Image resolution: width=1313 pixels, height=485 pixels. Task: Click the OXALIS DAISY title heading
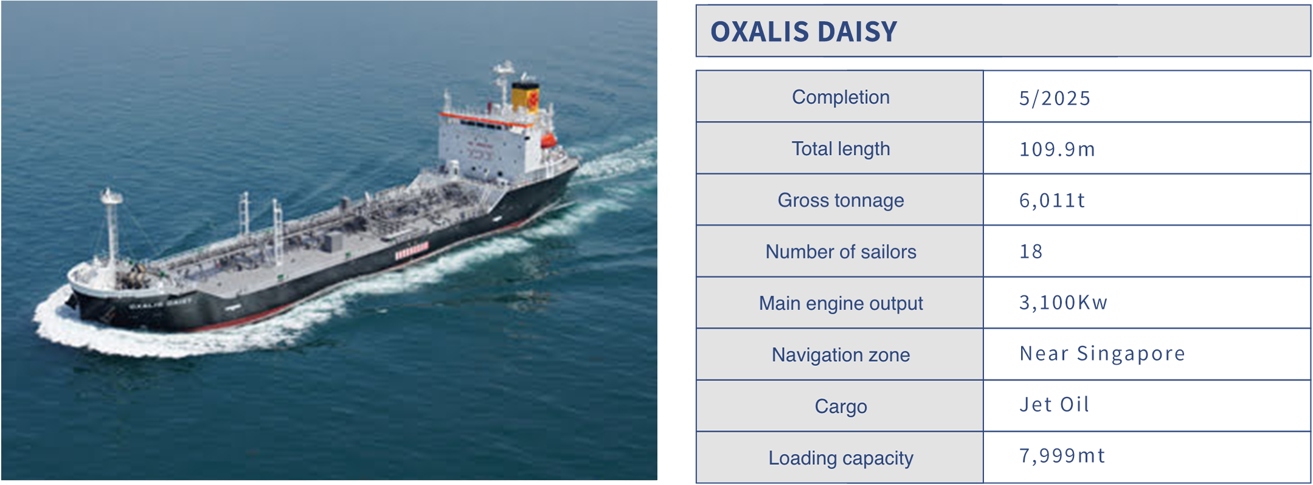803,32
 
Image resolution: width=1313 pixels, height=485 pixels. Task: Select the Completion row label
840,97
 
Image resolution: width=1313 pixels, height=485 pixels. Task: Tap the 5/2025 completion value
1055,98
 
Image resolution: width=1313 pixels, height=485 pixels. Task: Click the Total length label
840,149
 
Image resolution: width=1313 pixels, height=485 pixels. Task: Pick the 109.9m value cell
1057,149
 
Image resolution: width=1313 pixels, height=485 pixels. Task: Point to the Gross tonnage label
840,201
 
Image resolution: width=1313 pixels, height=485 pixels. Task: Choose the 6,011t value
1052,201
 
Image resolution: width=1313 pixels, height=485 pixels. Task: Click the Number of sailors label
840,252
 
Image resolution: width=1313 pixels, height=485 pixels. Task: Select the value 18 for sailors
1031,252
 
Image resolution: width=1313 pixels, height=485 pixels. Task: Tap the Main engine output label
840,303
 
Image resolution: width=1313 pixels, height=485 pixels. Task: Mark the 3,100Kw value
1063,303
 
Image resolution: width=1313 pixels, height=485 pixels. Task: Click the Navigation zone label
840,355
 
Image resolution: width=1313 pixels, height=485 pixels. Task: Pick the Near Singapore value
1102,354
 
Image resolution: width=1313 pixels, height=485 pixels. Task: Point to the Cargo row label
840,406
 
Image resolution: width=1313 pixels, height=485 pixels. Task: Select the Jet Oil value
1055,405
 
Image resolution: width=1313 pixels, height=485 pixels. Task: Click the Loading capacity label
840,458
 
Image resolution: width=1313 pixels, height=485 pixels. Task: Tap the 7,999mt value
1062,456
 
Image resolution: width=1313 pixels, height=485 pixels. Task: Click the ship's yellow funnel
525,97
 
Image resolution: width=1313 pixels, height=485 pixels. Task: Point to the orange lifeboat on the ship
549,140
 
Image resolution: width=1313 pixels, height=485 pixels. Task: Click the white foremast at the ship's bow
111,228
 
